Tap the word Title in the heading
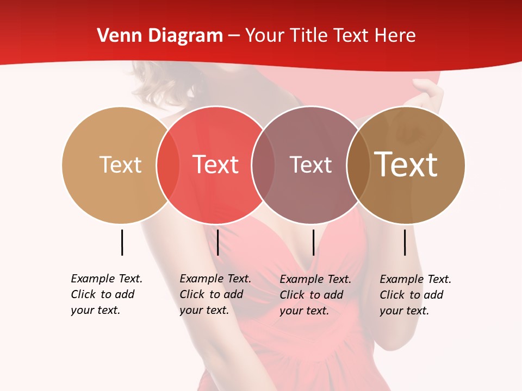coord(308,36)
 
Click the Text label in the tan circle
coord(120,165)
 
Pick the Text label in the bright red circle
coord(216,165)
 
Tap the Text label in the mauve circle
coord(310,165)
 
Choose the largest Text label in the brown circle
coord(406,165)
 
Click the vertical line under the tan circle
coord(122,242)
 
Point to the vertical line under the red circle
coord(217,242)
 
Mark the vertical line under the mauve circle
coord(313,242)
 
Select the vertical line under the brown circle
coord(405,242)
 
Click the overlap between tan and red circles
coord(168,165)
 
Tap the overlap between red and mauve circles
coord(263,165)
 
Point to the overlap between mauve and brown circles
coord(358,165)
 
